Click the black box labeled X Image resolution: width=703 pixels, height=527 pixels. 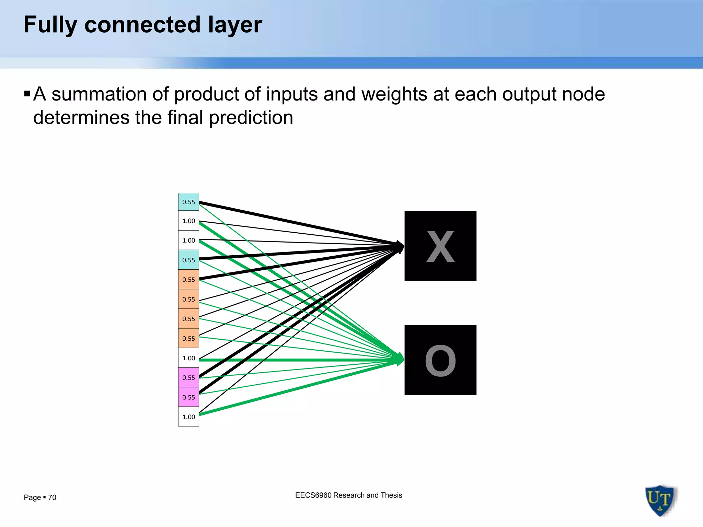pos(440,246)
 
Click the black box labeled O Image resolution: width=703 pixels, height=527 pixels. pos(440,360)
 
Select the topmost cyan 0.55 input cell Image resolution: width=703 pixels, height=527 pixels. pos(188,202)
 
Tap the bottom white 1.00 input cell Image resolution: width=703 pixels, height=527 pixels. pos(188,417)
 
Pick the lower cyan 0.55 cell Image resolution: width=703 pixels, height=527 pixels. pos(188,260)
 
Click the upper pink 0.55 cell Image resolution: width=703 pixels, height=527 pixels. pos(188,377)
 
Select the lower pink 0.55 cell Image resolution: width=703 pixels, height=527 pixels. pos(188,397)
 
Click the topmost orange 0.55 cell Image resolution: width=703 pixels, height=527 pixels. pos(188,279)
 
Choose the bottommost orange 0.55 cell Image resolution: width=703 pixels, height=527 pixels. pos(188,338)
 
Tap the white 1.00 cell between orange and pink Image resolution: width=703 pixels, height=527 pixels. pos(188,358)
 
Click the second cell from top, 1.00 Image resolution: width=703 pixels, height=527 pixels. pos(188,221)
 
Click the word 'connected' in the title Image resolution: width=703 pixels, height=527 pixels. pos(142,25)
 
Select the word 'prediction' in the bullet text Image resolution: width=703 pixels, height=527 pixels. pos(251,118)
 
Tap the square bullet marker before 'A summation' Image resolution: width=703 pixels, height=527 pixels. pos(27,93)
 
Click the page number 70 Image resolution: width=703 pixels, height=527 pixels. pos(52,497)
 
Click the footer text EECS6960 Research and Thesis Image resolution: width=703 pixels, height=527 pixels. pos(348,495)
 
